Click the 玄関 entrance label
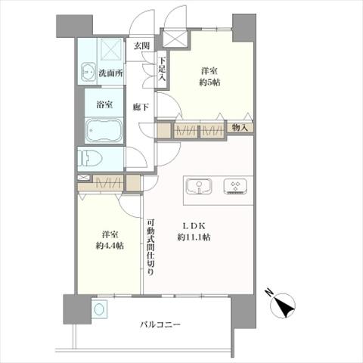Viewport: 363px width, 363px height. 141,47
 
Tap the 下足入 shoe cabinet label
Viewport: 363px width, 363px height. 162,68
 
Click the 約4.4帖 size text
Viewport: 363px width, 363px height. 110,246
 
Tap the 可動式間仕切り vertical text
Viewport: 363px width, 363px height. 151,247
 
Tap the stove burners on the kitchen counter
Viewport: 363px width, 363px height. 235,186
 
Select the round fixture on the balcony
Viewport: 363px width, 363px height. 98,310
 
